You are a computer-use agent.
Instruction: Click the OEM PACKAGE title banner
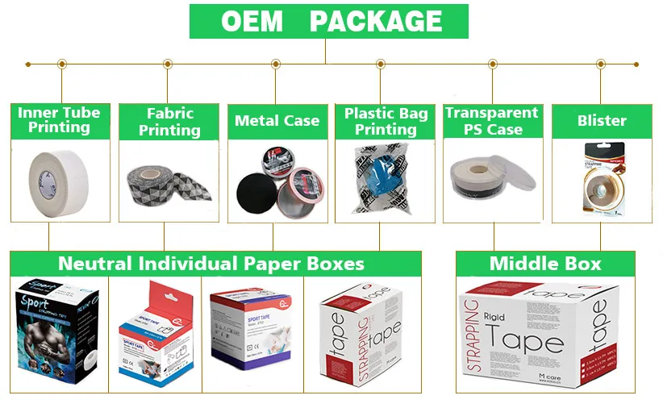(x=328, y=21)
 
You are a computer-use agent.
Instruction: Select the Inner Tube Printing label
(x=59, y=120)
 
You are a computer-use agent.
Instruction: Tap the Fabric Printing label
(x=169, y=121)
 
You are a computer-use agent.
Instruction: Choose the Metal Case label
(x=277, y=121)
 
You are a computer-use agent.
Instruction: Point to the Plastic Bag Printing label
(x=385, y=121)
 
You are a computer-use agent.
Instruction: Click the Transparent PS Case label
(x=492, y=121)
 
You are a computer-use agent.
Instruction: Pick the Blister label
(x=602, y=121)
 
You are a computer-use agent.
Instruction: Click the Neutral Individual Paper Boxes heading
(x=211, y=264)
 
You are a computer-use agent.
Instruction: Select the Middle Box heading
(x=545, y=264)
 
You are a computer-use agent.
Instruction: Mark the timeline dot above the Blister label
(x=600, y=64)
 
